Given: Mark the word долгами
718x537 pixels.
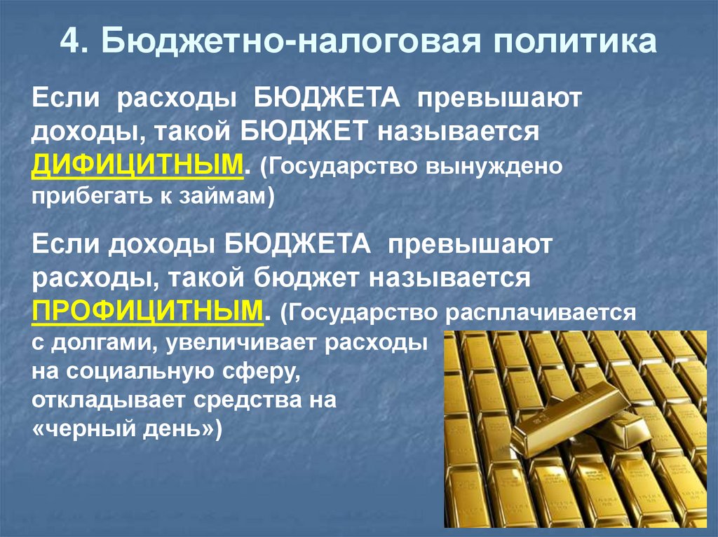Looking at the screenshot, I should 97,344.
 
